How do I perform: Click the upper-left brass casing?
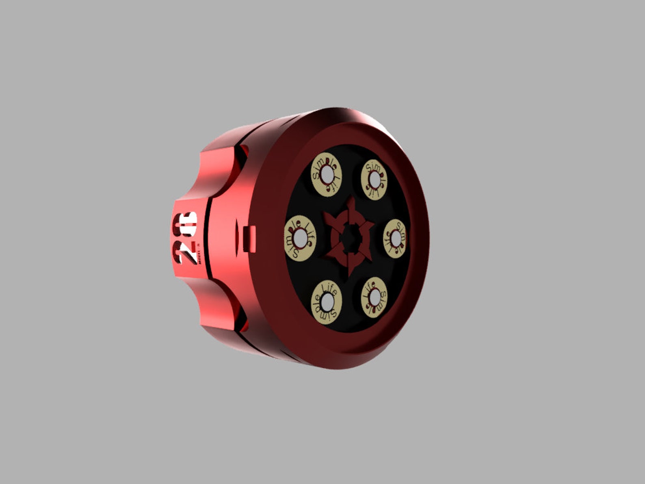(327, 176)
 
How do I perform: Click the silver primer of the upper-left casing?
(327, 175)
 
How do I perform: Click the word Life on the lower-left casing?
(329, 289)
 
